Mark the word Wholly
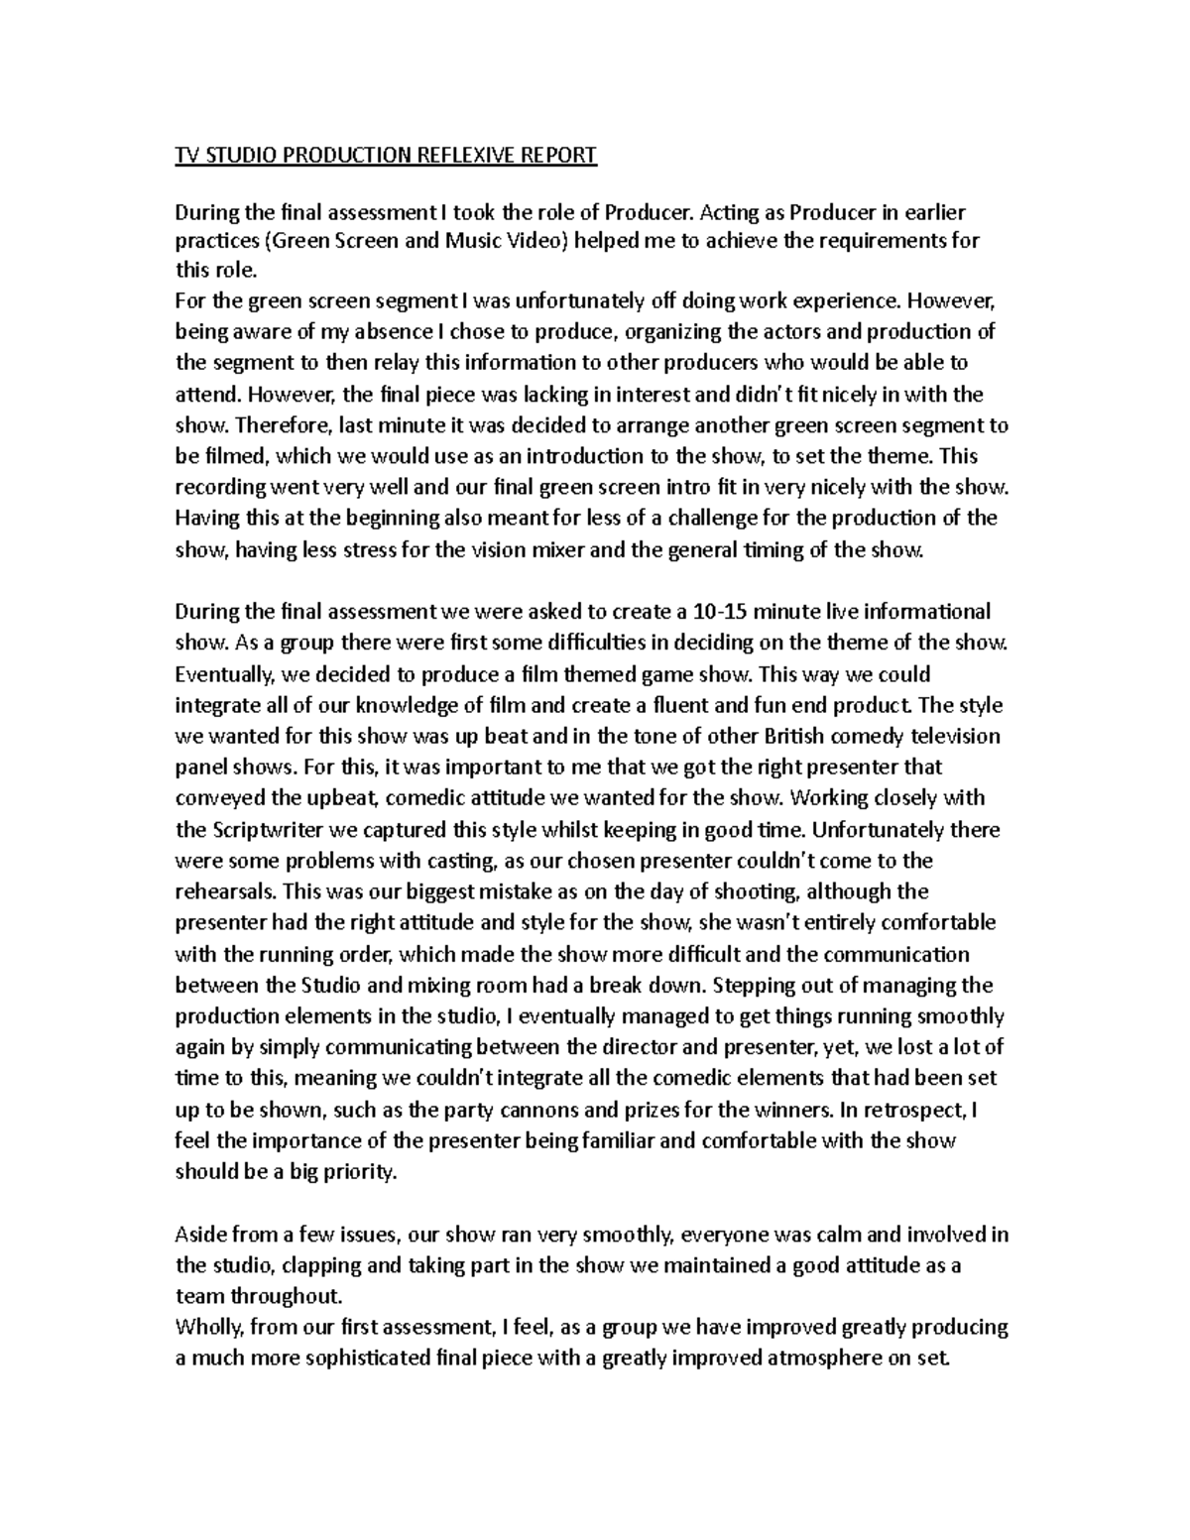click(x=204, y=1327)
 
